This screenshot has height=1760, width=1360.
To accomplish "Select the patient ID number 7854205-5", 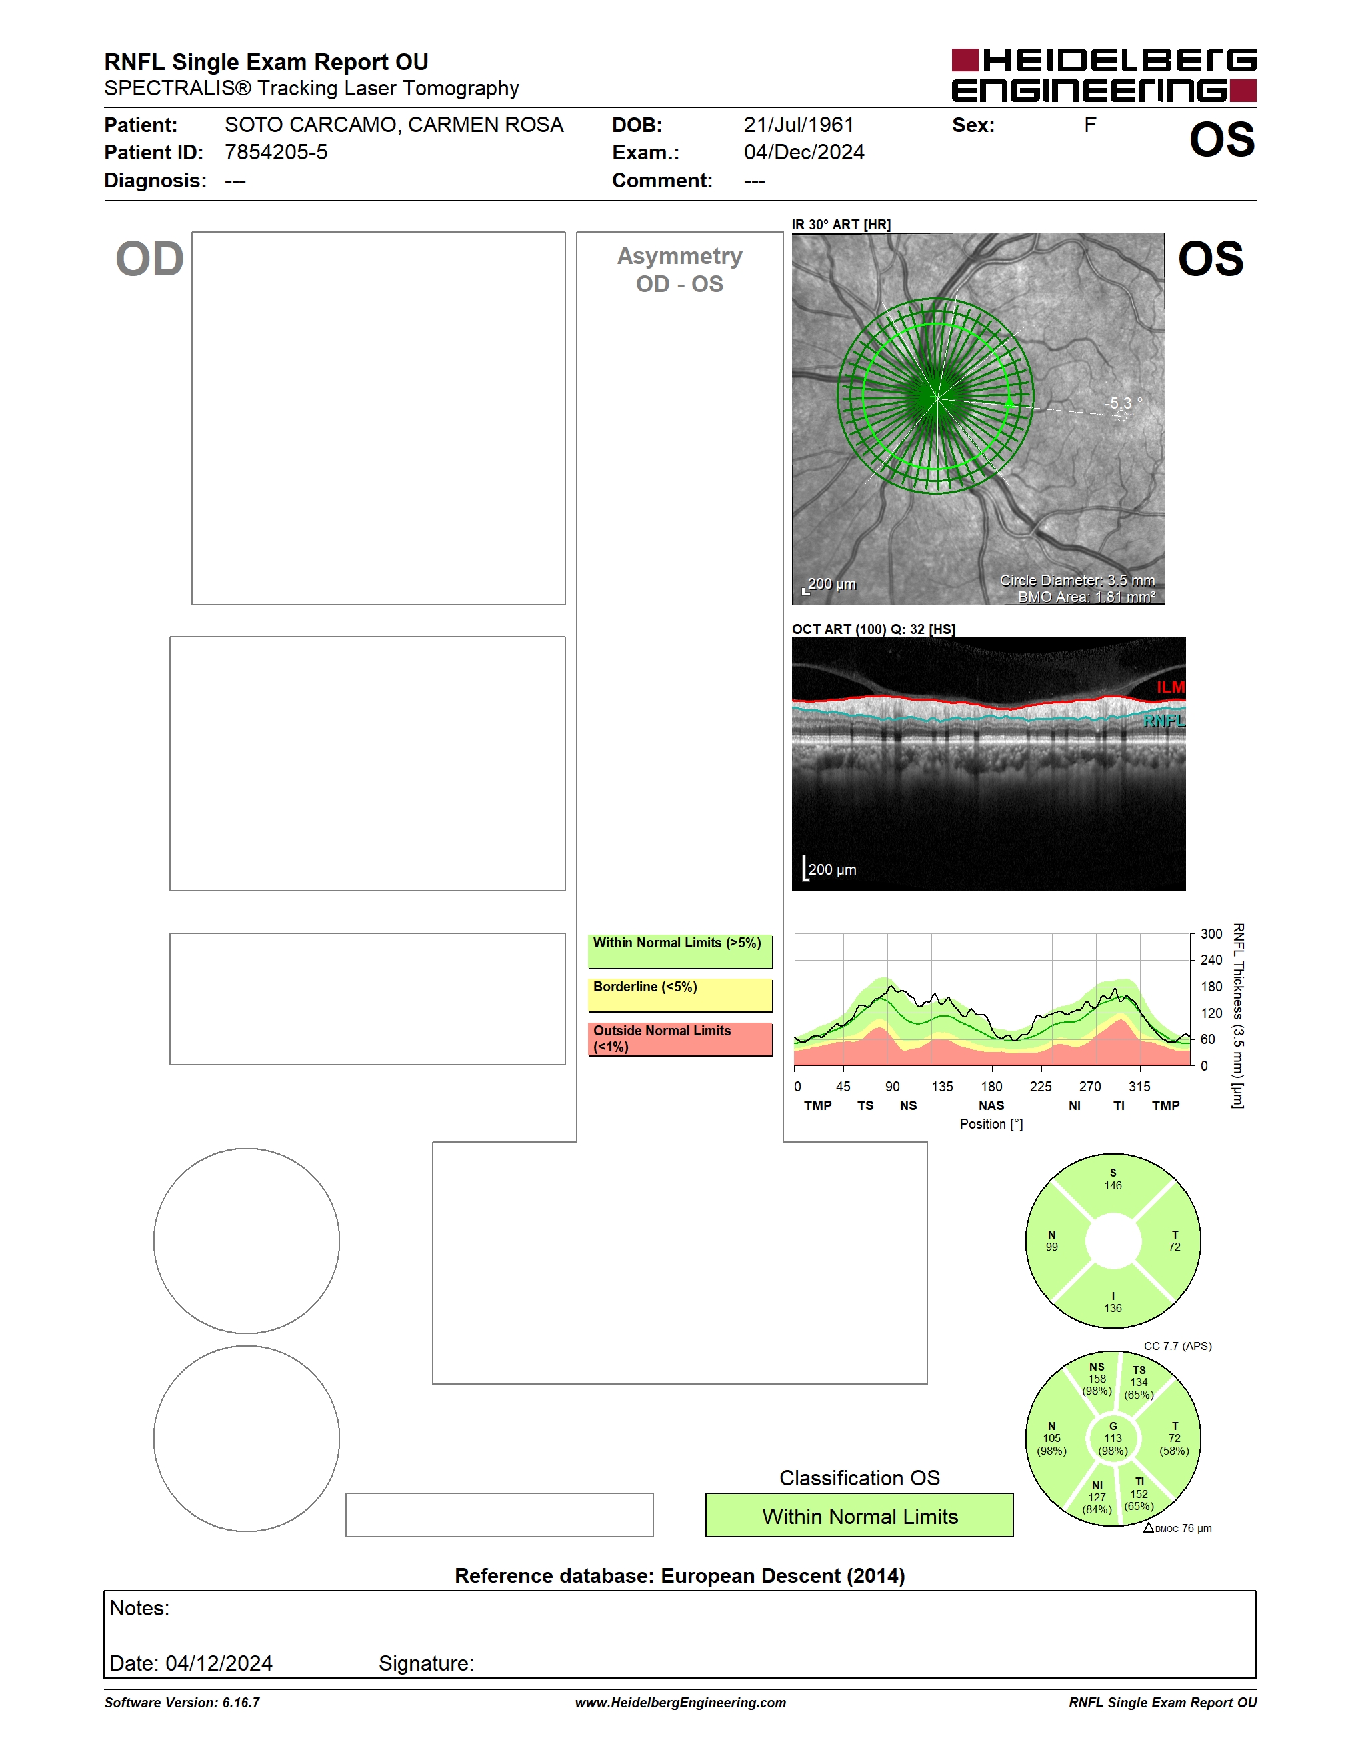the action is (x=275, y=152).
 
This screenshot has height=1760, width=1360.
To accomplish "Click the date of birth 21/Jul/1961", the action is (x=799, y=125).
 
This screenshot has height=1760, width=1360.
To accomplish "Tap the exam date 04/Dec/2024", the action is (x=804, y=152).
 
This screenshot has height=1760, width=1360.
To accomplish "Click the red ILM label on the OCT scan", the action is (x=1171, y=687).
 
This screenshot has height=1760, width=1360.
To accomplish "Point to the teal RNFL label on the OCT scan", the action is (x=1164, y=721).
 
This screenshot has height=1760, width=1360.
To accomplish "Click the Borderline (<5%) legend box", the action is (x=680, y=995).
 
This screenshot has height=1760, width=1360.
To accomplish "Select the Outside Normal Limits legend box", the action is (x=680, y=1039).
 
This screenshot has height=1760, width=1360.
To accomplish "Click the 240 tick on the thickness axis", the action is (x=1211, y=960).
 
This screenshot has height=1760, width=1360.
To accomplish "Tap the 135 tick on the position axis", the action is (x=942, y=1086).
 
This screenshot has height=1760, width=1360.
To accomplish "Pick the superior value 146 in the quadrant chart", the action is (x=1113, y=1185).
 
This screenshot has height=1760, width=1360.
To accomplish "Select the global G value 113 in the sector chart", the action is (x=1113, y=1437).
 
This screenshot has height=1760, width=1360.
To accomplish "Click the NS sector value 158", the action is (x=1097, y=1379).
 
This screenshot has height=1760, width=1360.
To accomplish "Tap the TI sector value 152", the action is (x=1139, y=1494).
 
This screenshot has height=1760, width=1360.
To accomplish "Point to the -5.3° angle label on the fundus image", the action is (x=1123, y=403).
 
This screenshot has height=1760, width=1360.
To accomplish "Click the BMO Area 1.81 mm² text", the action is (x=1086, y=597).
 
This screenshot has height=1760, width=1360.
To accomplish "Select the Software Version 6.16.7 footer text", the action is (x=182, y=1703).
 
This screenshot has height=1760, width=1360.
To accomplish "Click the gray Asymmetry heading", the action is (x=679, y=256).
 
